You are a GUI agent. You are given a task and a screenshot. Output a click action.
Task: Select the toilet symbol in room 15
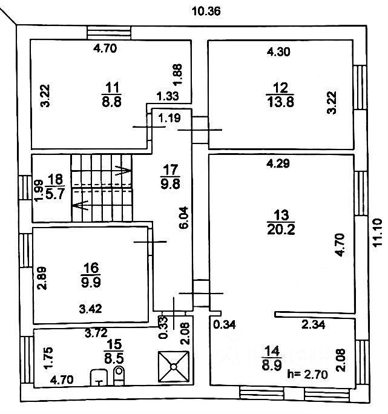click(119, 376)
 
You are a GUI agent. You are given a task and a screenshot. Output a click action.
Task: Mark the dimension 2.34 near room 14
click(315, 325)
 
